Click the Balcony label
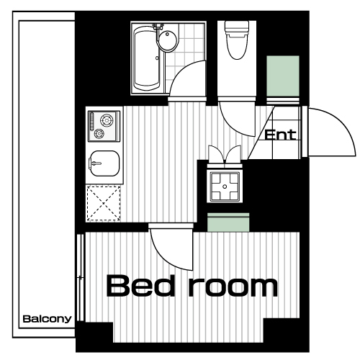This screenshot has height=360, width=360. coord(47,319)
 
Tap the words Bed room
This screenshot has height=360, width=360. coord(192,286)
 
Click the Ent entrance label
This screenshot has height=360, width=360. coord(280,135)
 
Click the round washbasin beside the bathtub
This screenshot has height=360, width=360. coord(168,40)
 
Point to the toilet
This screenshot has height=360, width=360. coord(237,40)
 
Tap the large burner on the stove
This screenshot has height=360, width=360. coord(107,120)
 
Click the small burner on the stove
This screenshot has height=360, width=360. coord(99,133)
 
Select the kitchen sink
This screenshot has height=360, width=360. coord(104,163)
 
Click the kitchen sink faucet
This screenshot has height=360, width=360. coord(96,163)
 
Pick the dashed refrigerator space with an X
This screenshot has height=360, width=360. coord(104,203)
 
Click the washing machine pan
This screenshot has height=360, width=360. coord(225,186)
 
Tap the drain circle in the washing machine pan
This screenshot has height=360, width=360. coord(225,186)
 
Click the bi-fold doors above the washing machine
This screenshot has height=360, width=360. coord(225,154)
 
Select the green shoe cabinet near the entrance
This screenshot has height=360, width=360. coord(283,76)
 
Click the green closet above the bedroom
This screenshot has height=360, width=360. coord(228,222)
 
